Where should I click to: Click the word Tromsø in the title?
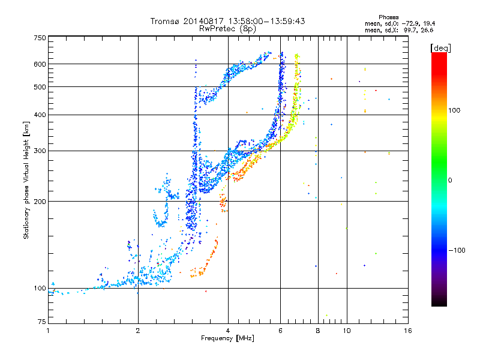click(x=165, y=21)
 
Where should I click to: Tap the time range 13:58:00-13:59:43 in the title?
click(x=259, y=21)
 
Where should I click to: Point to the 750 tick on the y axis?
click(x=40, y=38)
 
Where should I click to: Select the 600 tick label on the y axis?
click(x=40, y=64)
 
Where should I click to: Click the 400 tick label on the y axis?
click(x=40, y=115)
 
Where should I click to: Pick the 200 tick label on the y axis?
click(x=40, y=201)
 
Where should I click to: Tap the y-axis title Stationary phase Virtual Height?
click(x=26, y=180)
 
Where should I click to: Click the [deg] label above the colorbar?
click(x=441, y=47)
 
